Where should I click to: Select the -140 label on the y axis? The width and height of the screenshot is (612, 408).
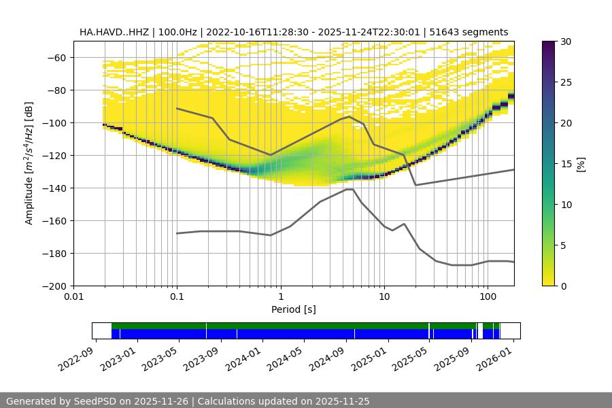tap(56, 188)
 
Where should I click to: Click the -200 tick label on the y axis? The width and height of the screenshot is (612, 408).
tap(56, 286)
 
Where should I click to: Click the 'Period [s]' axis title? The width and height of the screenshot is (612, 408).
tap(294, 309)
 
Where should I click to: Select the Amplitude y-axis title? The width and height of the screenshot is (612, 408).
tap(29, 163)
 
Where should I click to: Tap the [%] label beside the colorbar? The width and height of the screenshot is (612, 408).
tap(581, 163)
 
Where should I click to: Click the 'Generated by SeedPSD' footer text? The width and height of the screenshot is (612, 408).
tap(65, 401)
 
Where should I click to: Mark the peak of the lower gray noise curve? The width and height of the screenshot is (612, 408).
tap(349, 189)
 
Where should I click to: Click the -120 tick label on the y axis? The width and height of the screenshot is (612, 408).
tap(56, 155)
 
